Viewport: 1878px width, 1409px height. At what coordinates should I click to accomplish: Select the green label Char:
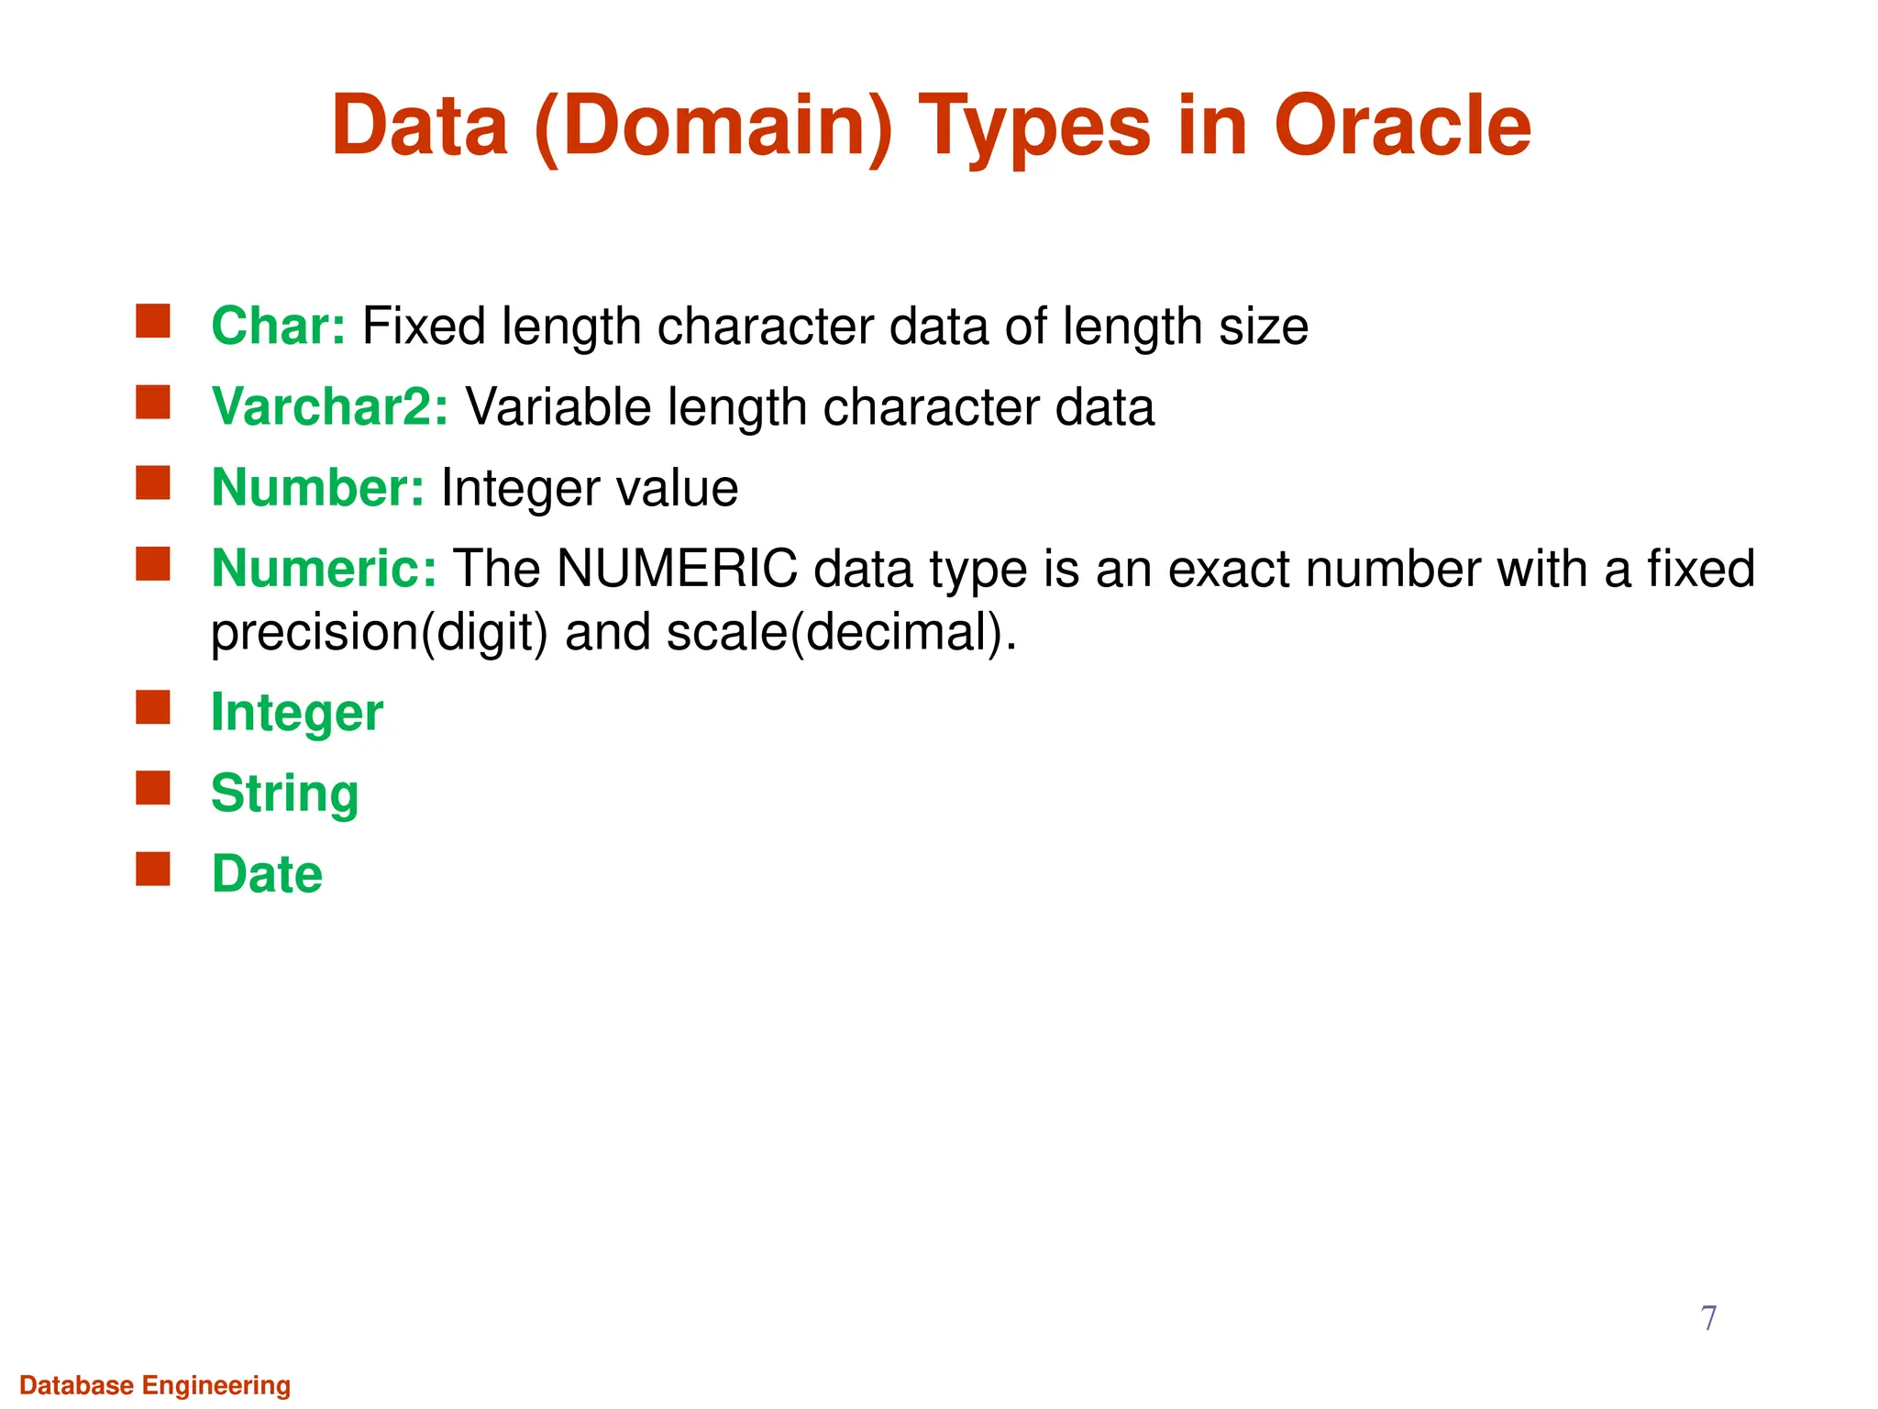pos(278,326)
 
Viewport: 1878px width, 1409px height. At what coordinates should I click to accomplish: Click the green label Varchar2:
pos(329,406)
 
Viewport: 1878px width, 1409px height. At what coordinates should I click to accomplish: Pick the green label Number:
pos(317,487)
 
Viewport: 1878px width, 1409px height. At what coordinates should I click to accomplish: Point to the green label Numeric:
pos(324,568)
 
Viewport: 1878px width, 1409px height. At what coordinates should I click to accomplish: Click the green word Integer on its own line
pos(296,713)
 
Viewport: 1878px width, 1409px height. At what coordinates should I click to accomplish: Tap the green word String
pos(284,793)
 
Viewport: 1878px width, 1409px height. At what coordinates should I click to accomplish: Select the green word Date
pos(267,873)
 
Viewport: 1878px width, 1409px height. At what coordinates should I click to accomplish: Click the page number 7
pos(1708,1318)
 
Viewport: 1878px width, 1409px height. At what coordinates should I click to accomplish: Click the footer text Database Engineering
pos(155,1385)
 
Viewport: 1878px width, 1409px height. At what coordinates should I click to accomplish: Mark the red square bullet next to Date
pos(153,869)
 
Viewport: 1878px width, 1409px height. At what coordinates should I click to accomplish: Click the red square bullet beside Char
pos(153,322)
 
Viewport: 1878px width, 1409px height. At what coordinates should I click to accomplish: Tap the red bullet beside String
pos(153,788)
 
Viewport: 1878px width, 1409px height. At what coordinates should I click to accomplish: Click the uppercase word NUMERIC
pos(677,568)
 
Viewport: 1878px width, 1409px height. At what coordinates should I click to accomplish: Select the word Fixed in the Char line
pos(424,326)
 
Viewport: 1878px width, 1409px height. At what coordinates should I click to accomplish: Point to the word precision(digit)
pos(380,632)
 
